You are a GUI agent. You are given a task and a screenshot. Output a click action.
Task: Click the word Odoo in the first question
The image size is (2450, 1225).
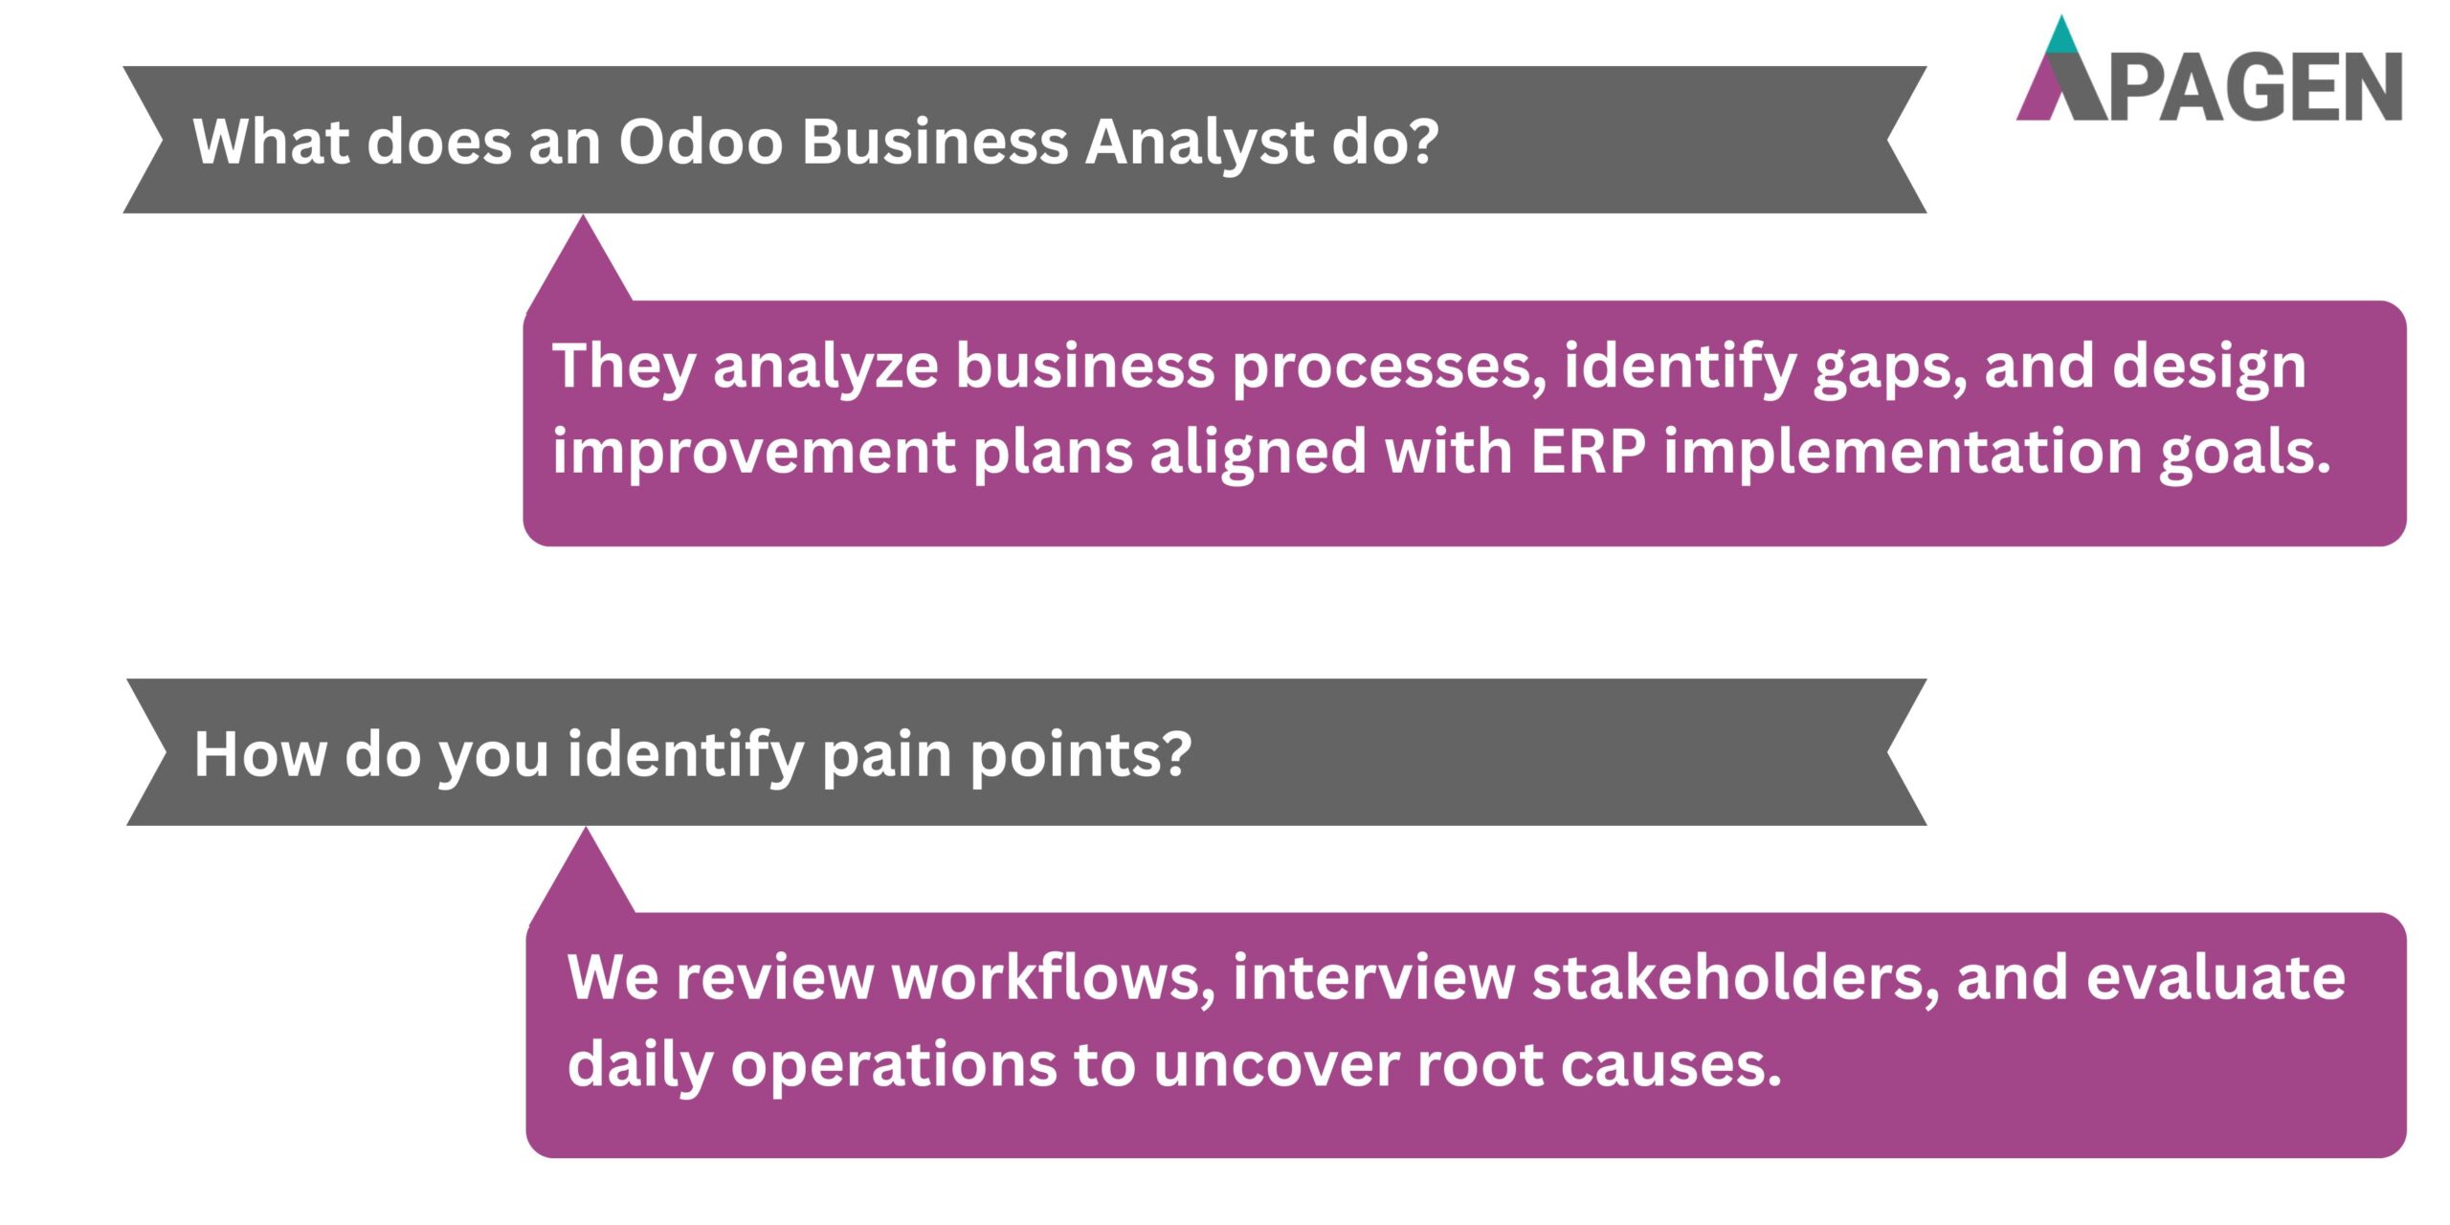(701, 142)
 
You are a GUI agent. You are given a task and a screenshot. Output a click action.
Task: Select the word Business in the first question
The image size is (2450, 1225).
(934, 142)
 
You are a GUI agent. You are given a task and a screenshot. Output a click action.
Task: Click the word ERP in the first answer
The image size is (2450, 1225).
(1588, 451)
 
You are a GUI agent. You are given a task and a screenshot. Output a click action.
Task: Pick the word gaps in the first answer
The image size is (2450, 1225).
(1889, 367)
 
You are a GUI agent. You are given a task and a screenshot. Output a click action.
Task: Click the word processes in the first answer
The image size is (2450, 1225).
(1388, 367)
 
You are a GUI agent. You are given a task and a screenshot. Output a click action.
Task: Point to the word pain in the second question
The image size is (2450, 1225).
(886, 755)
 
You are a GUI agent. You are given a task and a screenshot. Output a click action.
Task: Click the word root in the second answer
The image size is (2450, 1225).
(1479, 1064)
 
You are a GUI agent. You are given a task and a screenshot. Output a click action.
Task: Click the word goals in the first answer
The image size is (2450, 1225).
(2244, 453)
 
